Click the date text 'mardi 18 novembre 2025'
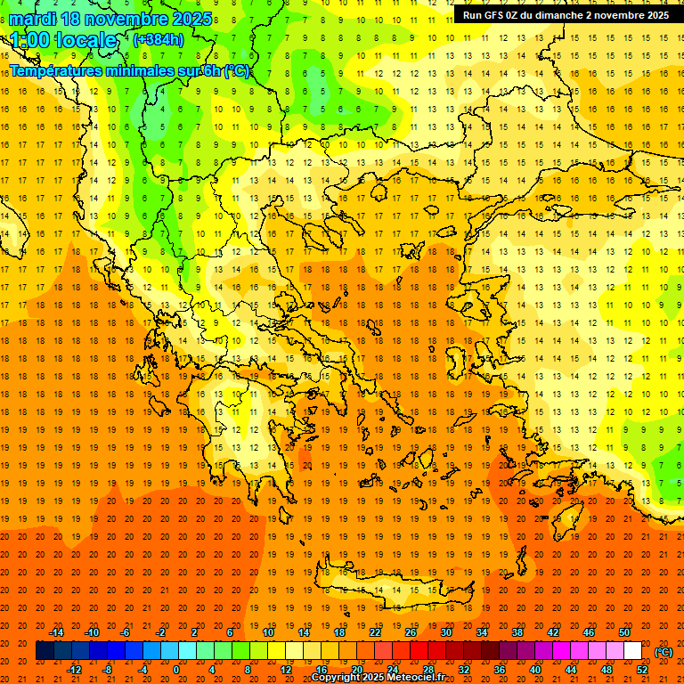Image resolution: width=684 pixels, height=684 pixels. [110, 19]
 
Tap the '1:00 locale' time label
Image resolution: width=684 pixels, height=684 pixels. [64, 40]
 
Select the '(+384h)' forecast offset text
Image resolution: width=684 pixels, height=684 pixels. [159, 39]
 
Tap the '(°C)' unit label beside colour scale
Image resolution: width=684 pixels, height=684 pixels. [664, 652]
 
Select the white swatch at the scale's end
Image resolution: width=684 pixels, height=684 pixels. [633, 651]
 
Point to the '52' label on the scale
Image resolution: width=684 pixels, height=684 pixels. [642, 669]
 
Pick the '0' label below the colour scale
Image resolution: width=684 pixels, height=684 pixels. [176, 669]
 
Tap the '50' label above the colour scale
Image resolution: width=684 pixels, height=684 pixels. [624, 632]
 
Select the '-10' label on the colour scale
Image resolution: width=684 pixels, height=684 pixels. [91, 632]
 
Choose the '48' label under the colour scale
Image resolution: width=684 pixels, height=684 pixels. [607, 669]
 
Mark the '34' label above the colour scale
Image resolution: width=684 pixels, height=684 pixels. [482, 632]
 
